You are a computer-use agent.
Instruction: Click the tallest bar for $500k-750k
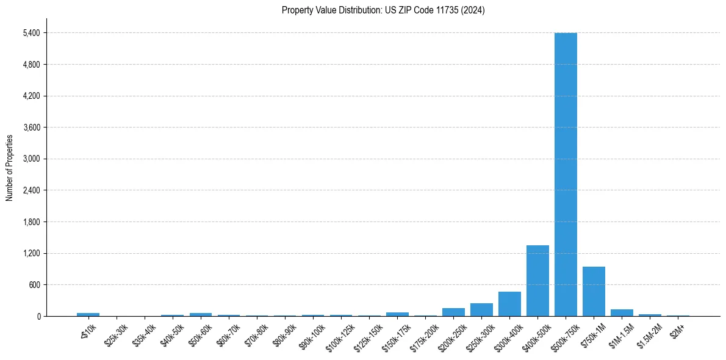click(566, 175)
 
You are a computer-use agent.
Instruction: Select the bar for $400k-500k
click(537, 281)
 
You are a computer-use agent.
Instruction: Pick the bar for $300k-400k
click(509, 304)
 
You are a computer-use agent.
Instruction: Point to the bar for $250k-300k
click(481, 310)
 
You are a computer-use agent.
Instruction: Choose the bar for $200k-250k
click(453, 312)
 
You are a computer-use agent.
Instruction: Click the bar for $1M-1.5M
click(622, 313)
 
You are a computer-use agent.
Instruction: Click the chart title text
click(383, 10)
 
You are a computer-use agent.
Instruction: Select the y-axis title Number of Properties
click(9, 168)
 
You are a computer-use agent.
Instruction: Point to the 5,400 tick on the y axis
click(31, 33)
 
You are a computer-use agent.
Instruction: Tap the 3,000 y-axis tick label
click(31, 159)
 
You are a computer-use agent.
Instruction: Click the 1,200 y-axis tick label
click(31, 254)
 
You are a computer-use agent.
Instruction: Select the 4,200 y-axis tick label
click(31, 96)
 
